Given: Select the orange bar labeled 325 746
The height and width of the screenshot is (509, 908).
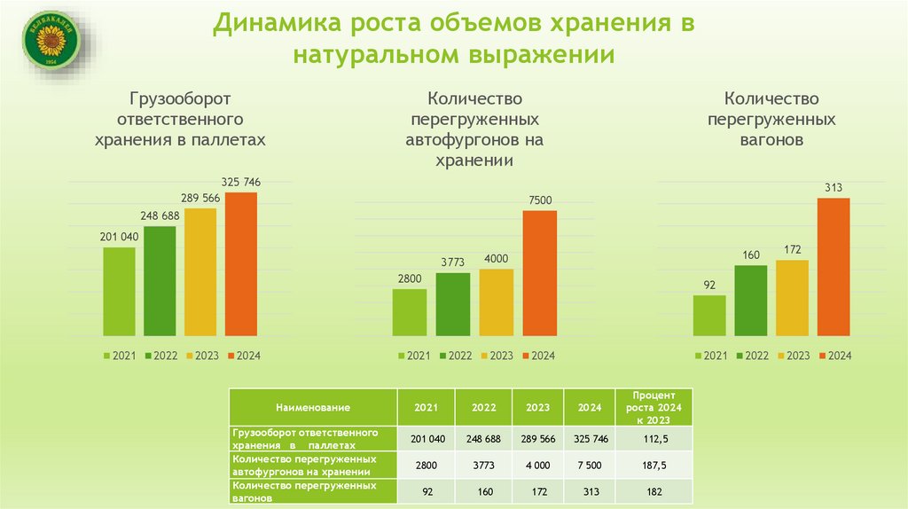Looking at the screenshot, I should [240, 264].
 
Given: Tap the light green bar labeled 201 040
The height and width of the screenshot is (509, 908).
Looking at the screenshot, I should [120, 292].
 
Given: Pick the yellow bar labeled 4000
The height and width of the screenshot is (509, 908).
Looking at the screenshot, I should [497, 302].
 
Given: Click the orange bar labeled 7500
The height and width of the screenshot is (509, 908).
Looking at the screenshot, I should [539, 273].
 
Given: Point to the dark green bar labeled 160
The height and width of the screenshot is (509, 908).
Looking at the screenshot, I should [751, 301].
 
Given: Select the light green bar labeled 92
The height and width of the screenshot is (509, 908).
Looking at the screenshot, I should [709, 316].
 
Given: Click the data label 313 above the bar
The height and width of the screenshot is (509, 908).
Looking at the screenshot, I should [833, 187].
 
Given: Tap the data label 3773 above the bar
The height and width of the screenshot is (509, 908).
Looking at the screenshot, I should [452, 262].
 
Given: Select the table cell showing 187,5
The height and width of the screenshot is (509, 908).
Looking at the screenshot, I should [655, 464].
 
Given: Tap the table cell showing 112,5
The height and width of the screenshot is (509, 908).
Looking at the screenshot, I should [655, 439].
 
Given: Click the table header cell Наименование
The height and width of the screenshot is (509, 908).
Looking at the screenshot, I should [312, 407].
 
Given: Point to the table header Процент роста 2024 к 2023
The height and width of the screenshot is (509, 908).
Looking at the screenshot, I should [655, 407].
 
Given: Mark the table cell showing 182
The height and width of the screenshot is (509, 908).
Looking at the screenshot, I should [655, 490].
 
